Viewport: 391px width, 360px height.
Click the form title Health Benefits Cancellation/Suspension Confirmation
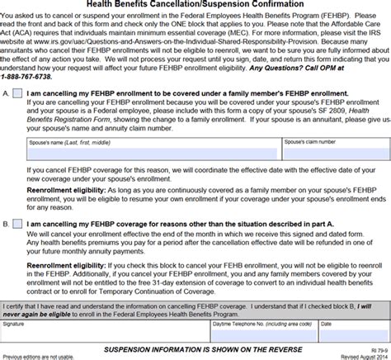click(194, 5)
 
